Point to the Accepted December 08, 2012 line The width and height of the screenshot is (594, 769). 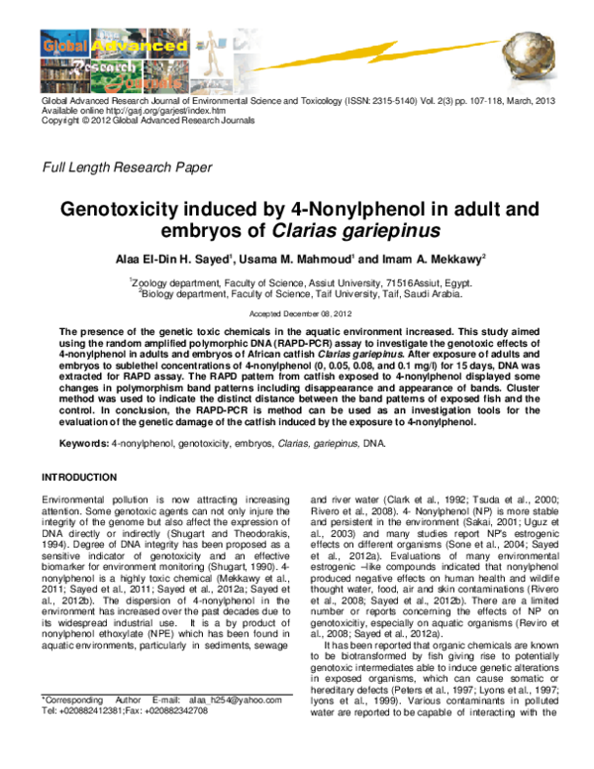pyautogui.click(x=297, y=310)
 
